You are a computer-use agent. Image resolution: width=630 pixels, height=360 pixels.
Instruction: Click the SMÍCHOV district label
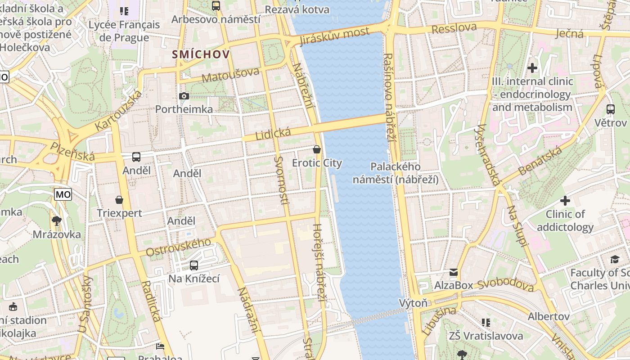pos(201,54)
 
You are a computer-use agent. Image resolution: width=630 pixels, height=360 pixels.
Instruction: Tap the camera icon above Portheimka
pos(184,96)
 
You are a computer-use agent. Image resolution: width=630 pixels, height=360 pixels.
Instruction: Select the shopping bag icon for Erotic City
pos(317,149)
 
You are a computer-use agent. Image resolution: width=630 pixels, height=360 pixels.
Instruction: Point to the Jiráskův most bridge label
pos(335,36)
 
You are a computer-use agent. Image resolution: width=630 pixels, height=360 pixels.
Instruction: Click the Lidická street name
pos(273,134)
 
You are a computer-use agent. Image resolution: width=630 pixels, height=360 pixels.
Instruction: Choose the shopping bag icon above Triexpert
pos(119,199)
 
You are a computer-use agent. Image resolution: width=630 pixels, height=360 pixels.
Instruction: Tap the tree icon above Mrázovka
pos(57,220)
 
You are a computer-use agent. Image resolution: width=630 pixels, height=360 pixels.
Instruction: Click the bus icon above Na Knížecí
pos(194,265)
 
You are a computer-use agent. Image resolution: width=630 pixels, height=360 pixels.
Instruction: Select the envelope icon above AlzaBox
pos(453,272)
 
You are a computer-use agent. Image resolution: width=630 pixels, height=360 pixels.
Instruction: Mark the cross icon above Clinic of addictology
pos(565,201)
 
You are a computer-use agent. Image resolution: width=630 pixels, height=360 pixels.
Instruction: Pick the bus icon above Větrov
pos(610,109)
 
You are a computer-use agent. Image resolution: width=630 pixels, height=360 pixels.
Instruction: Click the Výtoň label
pos(413,303)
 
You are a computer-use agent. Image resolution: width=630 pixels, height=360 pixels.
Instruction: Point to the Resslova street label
pos(454,28)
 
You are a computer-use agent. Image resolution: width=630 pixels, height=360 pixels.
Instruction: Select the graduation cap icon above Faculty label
pos(615,259)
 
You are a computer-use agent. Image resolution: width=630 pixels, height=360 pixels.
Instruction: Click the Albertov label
pos(549,316)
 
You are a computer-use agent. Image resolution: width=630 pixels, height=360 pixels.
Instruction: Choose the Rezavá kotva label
pos(297,9)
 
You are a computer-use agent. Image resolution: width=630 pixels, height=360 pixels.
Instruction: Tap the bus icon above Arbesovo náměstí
pos(216,6)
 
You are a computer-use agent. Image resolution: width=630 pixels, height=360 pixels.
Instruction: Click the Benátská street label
pos(540,161)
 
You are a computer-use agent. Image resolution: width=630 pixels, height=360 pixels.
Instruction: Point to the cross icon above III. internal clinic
pos(532,68)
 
